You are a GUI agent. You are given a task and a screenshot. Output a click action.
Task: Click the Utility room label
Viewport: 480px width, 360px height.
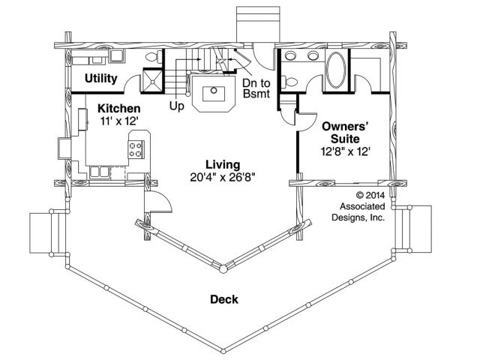100,78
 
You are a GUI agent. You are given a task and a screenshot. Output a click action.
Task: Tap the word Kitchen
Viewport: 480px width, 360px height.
118,108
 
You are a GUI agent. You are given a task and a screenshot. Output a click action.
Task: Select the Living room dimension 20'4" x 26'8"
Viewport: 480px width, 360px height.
223,177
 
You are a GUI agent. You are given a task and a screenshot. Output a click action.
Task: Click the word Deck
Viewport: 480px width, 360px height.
224,299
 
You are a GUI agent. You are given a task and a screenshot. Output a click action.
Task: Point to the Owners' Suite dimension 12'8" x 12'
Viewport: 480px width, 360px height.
345,151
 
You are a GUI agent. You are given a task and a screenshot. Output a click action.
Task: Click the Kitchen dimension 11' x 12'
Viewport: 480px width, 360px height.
118,121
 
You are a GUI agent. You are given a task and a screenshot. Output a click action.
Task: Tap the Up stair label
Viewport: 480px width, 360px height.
177,106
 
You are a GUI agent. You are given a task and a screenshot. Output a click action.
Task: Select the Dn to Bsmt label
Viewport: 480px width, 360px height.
256,88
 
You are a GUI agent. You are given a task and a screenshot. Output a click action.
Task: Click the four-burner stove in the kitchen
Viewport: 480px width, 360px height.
136,150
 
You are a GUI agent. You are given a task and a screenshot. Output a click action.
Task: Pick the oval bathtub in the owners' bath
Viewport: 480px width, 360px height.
336,70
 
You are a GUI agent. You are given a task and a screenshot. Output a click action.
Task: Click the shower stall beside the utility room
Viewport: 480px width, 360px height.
153,80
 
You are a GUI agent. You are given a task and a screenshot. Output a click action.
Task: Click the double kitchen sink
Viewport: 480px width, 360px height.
100,172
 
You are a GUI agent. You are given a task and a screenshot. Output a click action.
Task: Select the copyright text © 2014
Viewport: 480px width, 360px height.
370,195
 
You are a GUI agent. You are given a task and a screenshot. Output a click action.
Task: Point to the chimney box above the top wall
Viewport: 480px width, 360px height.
258,24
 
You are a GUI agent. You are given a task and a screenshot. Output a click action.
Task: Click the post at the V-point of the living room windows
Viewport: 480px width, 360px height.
223,269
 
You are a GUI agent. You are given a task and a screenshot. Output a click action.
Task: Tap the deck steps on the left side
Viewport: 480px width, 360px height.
47,233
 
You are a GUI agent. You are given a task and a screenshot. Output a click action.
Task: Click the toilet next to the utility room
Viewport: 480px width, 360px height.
154,57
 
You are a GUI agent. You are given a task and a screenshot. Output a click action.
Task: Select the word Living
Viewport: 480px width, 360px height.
223,165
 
